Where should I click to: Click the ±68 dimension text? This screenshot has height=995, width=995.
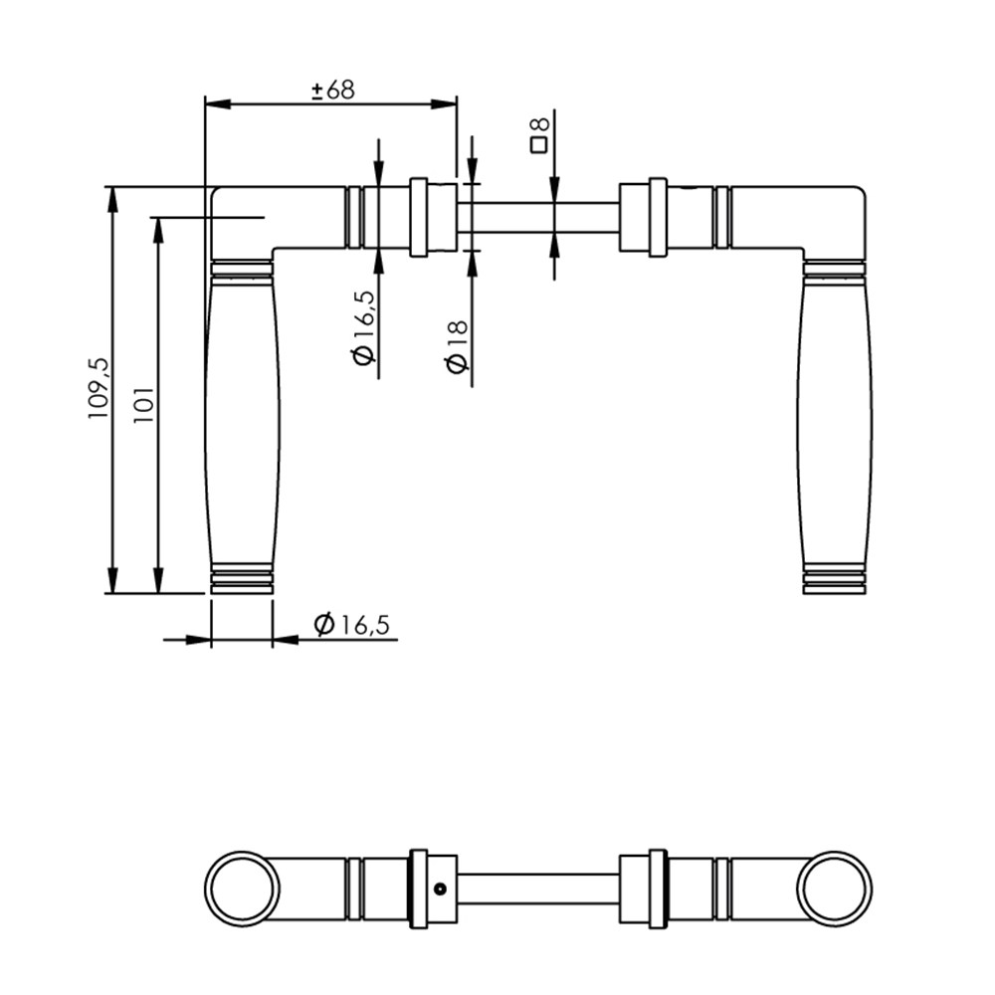(x=333, y=91)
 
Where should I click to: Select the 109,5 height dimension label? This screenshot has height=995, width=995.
(x=99, y=388)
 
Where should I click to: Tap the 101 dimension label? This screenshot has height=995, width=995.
(x=143, y=405)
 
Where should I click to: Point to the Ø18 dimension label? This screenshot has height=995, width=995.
(x=457, y=346)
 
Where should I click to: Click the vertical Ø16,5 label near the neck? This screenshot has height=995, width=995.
(x=363, y=328)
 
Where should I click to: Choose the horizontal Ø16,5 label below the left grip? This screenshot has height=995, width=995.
(x=351, y=625)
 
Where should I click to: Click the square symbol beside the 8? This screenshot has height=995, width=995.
(x=539, y=145)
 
